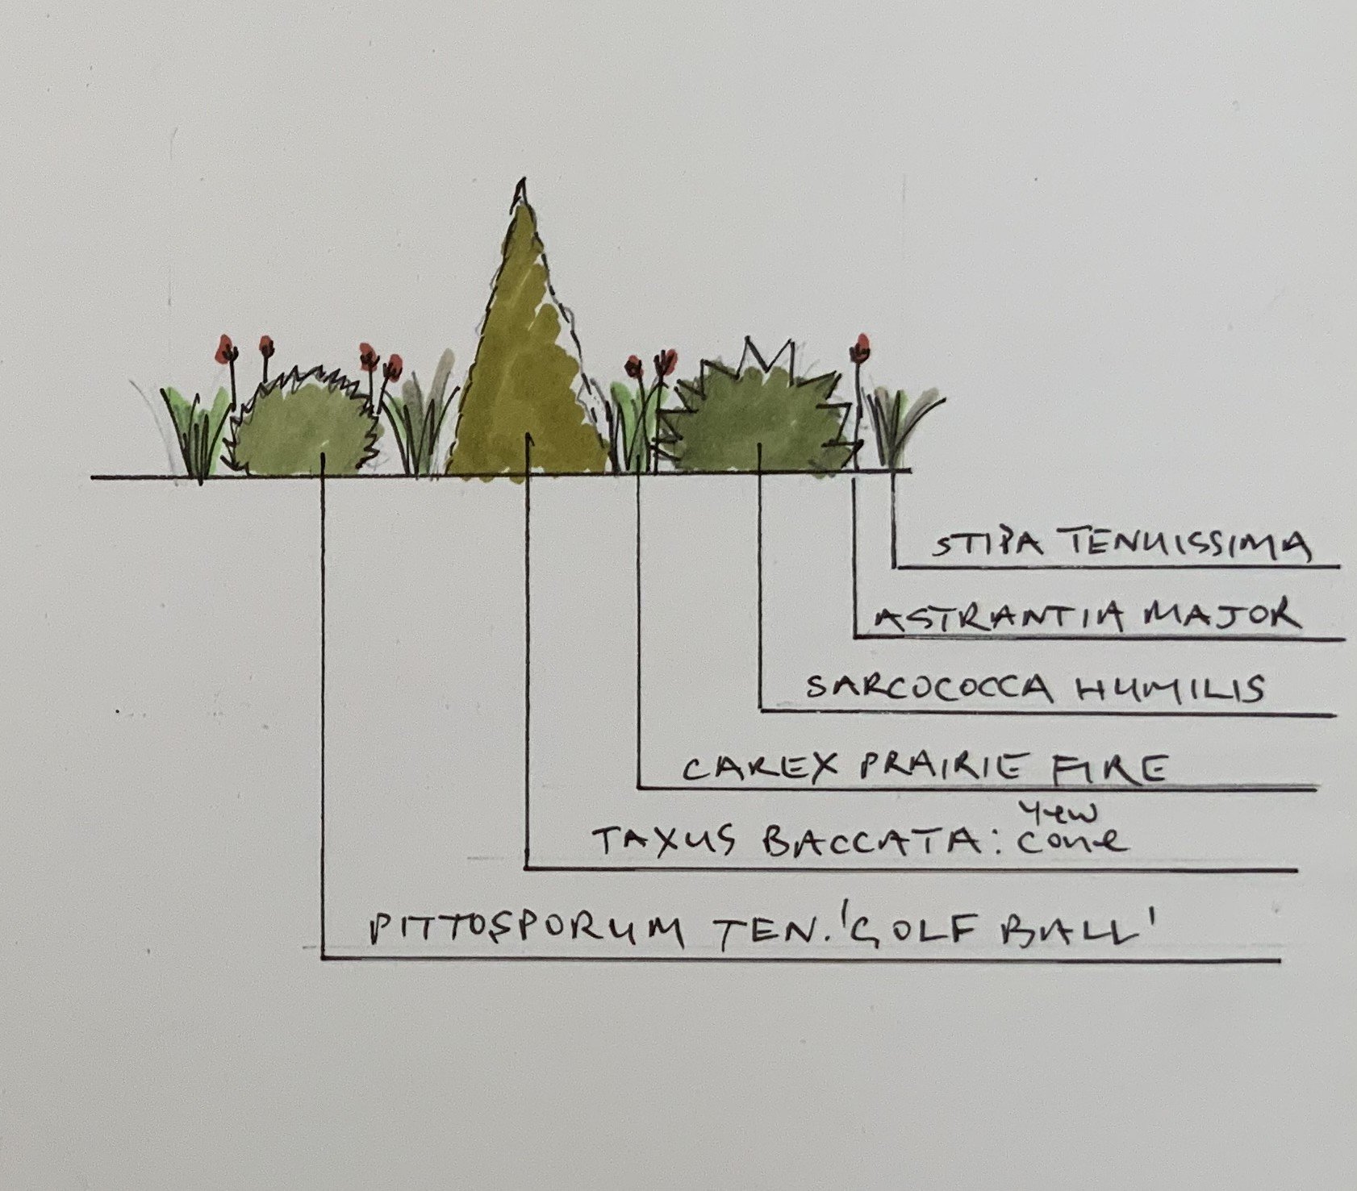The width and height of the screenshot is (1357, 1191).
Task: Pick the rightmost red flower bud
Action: coord(862,348)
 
